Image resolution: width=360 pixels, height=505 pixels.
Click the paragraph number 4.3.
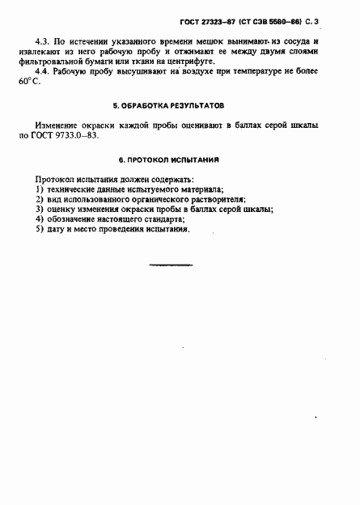[x=43, y=40]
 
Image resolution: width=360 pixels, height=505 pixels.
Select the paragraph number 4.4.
[x=43, y=71]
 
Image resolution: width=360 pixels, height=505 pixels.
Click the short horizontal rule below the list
[x=172, y=265]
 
